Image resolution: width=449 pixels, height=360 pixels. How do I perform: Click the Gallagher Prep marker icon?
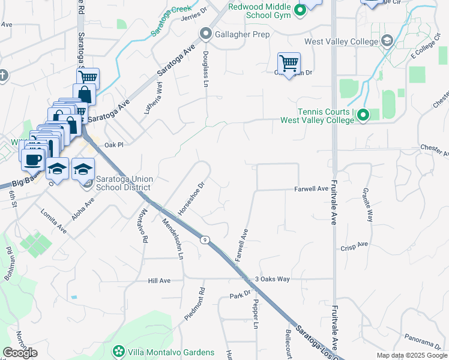[206, 35]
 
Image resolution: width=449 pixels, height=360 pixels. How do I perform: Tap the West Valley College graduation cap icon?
[387, 41]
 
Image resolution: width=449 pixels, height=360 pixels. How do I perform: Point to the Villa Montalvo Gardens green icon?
[119, 352]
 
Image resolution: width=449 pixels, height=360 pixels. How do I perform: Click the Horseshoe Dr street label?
[191, 199]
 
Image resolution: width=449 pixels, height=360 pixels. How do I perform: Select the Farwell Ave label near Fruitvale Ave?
[311, 189]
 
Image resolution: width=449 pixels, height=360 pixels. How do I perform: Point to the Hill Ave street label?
[160, 280]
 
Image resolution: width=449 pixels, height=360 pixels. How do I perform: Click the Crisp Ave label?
[354, 246]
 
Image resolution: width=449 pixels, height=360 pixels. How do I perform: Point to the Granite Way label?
[367, 203]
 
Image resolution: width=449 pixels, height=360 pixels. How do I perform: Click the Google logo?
[20, 353]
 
